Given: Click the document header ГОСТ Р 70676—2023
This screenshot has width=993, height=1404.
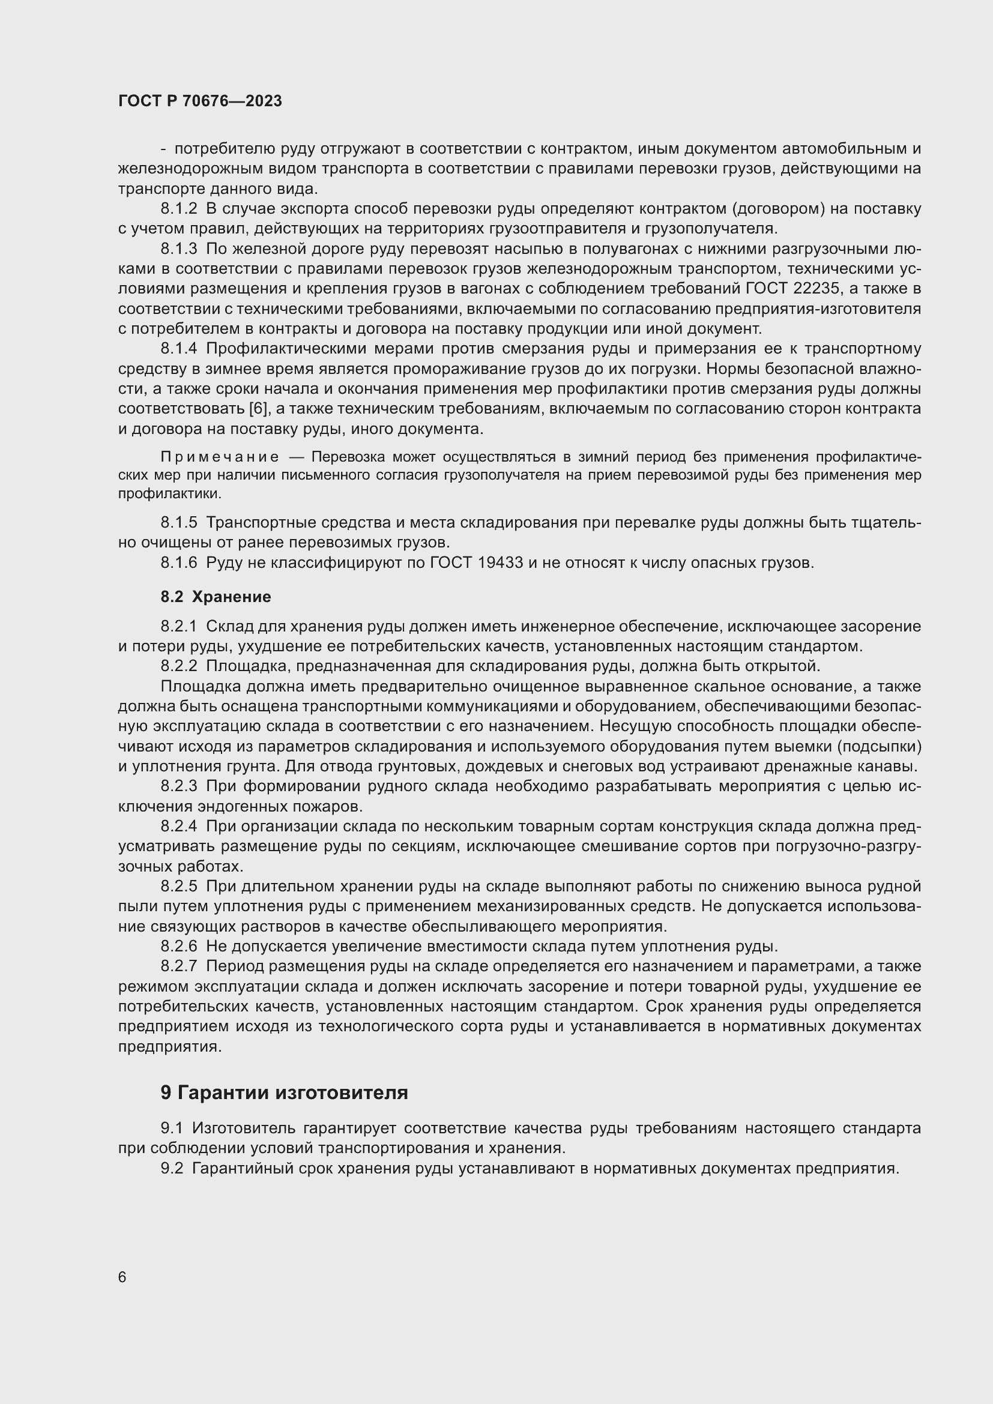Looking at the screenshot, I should tap(200, 101).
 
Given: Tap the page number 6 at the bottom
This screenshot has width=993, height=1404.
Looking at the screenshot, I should tap(122, 1277).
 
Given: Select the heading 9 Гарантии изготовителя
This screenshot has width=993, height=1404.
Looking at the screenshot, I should tap(285, 1091).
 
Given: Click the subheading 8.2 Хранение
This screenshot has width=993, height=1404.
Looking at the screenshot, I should tap(216, 596).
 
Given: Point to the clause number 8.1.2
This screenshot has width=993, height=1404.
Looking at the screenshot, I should tap(178, 208).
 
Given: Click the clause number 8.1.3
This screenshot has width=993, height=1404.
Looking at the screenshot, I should tap(178, 249).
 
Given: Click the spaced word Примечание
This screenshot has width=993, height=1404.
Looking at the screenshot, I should tap(220, 457).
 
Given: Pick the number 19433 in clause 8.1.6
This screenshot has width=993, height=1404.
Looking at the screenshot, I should tap(501, 562).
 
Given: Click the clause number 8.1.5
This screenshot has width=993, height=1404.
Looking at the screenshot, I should tap(178, 522).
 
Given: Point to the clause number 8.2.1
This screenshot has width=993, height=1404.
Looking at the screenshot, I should tap(178, 626).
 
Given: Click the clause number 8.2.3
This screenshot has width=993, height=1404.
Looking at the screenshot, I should tap(178, 786).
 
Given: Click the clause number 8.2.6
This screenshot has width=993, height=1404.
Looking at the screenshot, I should tap(178, 946).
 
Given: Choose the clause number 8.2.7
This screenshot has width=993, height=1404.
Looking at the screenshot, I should tap(178, 966).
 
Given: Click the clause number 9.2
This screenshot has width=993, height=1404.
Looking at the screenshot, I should tap(172, 1168).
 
